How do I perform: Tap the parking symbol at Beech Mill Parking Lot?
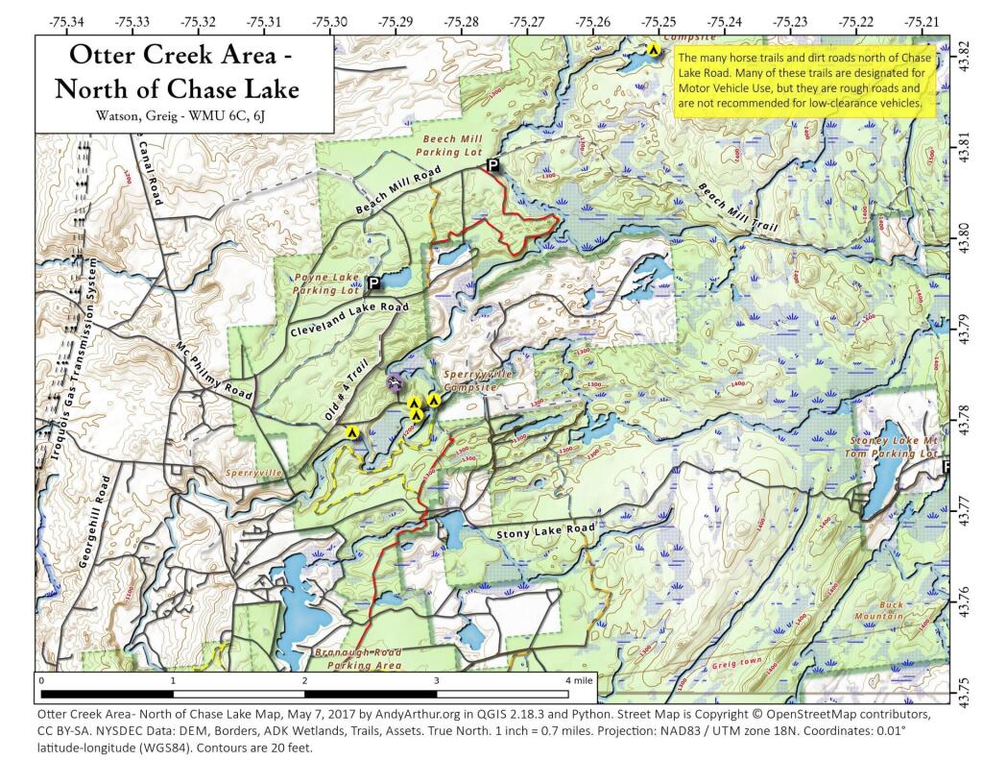click(x=492, y=166)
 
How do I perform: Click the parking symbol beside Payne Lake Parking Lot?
click(x=372, y=282)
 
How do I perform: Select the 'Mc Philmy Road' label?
click(x=213, y=372)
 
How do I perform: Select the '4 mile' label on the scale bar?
click(x=579, y=680)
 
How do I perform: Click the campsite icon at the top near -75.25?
click(x=653, y=50)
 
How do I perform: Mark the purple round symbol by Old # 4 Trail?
click(x=393, y=382)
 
